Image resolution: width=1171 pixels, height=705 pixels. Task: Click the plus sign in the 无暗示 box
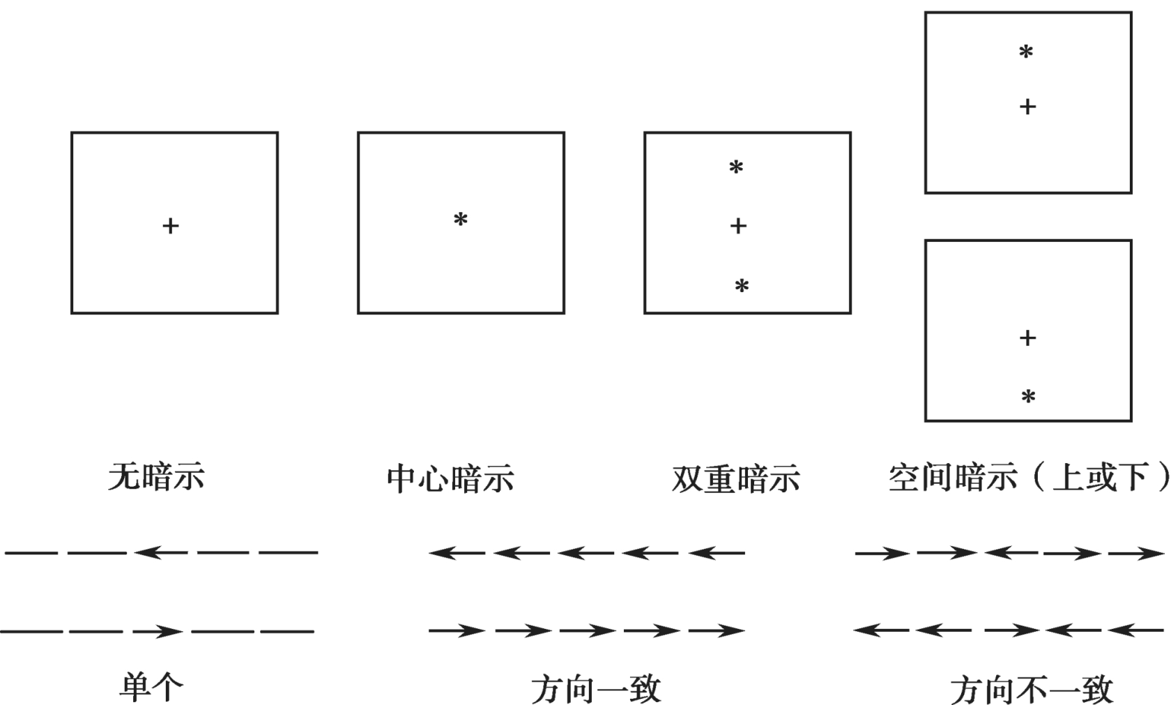(171, 226)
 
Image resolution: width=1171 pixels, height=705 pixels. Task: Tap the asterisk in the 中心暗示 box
(461, 220)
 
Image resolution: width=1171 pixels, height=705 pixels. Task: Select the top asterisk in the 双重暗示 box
(736, 167)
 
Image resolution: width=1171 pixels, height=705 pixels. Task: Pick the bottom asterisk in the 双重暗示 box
(742, 286)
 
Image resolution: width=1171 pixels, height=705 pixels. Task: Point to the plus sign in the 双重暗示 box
(738, 226)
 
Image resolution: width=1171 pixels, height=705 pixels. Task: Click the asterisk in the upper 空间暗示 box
(1026, 52)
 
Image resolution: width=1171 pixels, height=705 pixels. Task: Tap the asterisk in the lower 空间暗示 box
(1028, 397)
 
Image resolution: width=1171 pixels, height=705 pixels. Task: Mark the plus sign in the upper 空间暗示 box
(1027, 107)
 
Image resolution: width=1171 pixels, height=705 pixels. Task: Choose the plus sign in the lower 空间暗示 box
(1027, 338)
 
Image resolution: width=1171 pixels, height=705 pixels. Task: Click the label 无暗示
(156, 478)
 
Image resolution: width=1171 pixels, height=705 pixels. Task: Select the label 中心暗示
(450, 479)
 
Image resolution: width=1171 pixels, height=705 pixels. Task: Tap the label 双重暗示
(736, 479)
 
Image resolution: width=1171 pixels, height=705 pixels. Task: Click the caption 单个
(151, 688)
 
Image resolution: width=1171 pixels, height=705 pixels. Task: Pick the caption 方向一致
(595, 690)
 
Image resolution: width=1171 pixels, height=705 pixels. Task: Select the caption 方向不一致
(1032, 690)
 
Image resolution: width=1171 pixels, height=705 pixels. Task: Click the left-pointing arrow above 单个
(160, 553)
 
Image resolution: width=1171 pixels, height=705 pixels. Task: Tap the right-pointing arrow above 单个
(158, 632)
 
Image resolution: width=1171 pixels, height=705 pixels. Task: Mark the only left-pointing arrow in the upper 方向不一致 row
(1011, 553)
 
